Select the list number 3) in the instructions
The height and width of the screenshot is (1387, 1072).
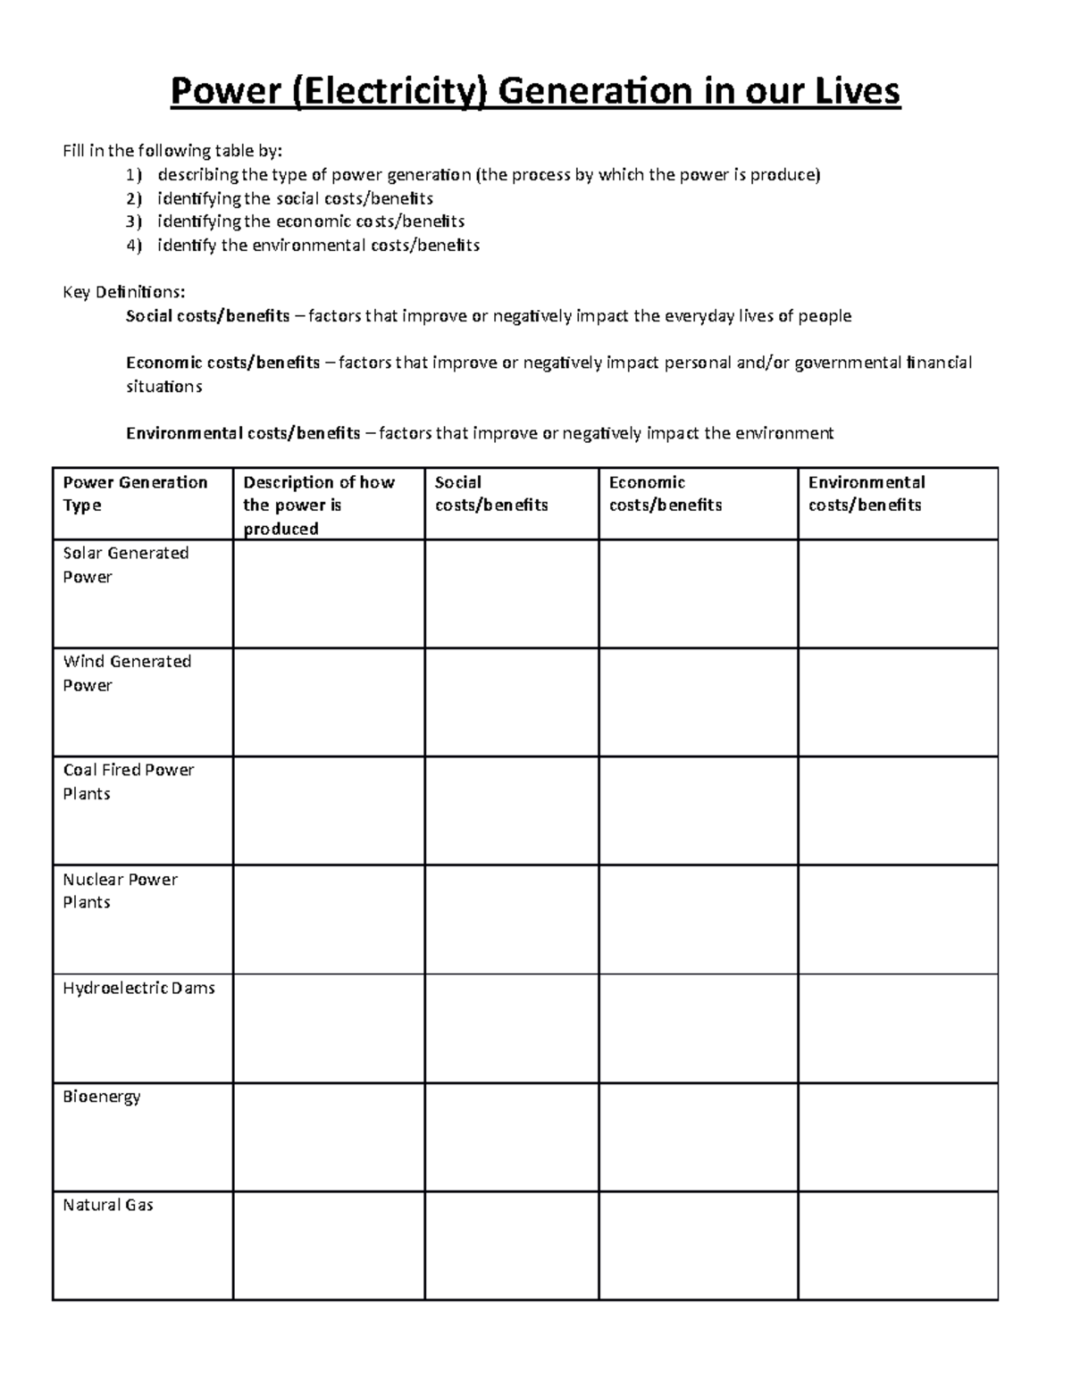point(133,221)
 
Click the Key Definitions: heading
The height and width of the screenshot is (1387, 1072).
point(124,292)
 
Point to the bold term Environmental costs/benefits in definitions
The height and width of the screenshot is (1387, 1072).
point(243,433)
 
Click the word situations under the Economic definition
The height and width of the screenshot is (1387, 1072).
point(164,387)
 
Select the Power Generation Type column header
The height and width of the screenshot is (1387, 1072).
point(135,494)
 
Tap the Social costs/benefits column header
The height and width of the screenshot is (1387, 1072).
point(490,494)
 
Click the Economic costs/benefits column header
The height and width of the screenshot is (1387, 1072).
point(665,494)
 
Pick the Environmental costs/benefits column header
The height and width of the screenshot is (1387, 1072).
point(866,494)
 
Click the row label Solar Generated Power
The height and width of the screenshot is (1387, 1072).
point(125,564)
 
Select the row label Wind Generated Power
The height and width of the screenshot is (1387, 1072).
point(127,673)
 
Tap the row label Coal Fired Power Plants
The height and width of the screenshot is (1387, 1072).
point(128,781)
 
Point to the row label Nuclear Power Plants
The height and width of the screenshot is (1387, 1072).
point(120,890)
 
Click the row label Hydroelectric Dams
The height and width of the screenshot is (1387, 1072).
point(138,988)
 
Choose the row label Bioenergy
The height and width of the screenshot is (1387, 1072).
point(101,1097)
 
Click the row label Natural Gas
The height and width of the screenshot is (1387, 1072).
point(107,1205)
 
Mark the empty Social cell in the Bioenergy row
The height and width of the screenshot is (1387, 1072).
point(511,1137)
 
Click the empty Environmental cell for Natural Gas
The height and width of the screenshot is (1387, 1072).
point(897,1246)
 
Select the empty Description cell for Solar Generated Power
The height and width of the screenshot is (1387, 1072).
point(328,594)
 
